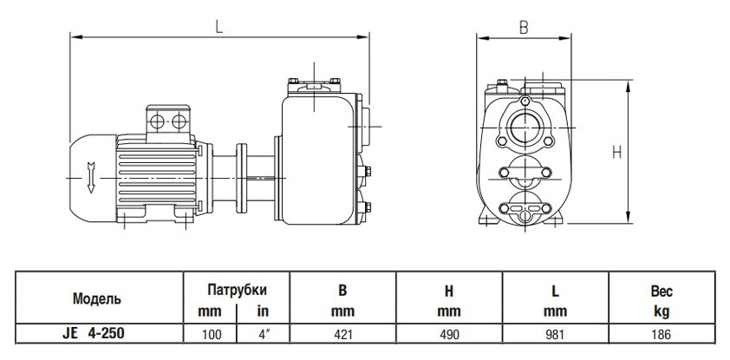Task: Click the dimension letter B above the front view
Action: [x=523, y=27]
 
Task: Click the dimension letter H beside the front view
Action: [x=617, y=152]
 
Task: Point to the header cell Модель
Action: [x=96, y=298]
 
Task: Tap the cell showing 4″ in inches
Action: [x=261, y=331]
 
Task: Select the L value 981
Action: [x=556, y=331]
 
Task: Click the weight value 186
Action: [x=662, y=331]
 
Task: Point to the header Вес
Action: [x=662, y=292]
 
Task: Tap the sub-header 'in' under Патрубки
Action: [x=261, y=311]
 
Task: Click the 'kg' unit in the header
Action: [x=662, y=311]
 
